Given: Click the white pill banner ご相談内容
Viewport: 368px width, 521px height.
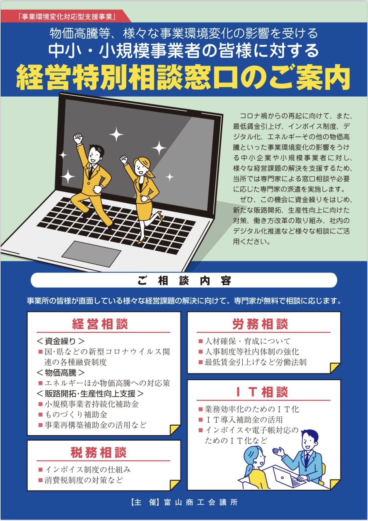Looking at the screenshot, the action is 184,280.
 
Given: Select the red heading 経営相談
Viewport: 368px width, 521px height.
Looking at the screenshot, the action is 100,324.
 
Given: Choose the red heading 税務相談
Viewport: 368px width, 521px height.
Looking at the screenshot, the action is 99,452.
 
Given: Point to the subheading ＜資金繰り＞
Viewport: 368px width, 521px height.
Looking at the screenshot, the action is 60,341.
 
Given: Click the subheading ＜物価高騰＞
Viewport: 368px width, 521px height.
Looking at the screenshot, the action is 60,372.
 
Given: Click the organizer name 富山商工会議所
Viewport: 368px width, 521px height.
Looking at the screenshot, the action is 201,502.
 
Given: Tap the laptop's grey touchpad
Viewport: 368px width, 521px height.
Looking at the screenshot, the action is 91,254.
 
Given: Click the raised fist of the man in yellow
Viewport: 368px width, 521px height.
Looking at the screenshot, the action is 78,139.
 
